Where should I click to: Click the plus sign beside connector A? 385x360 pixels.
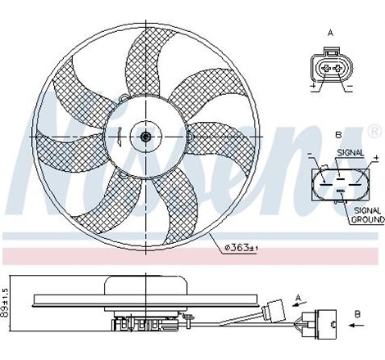click(x=313, y=85)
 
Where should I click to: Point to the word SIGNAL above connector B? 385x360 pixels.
click(x=351, y=151)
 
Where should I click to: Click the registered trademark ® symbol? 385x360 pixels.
click(x=374, y=131)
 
